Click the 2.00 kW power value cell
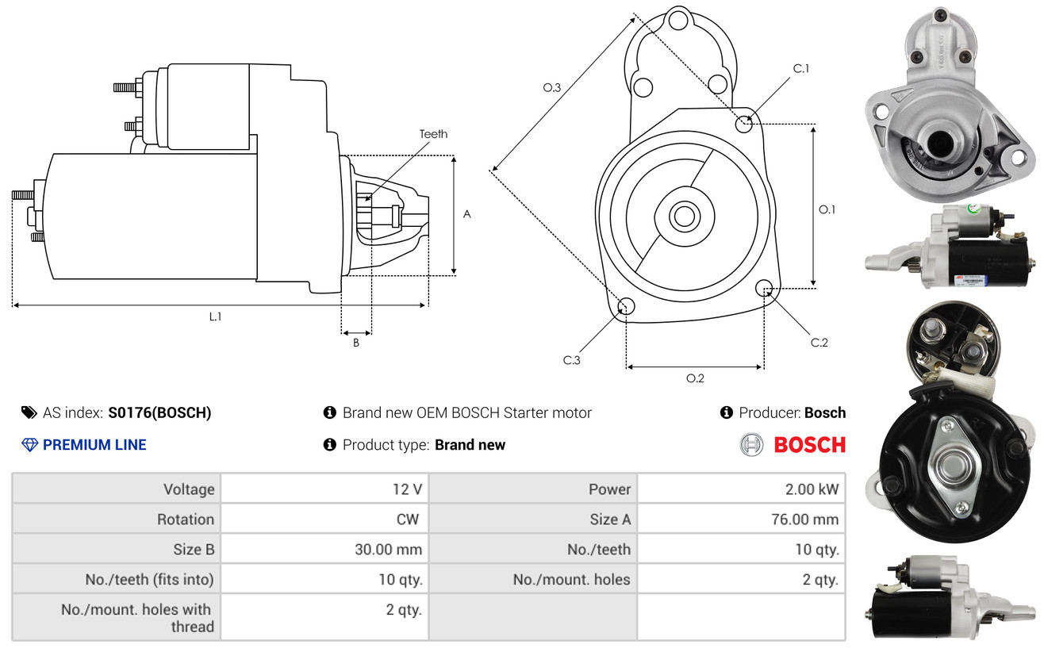click(812, 489)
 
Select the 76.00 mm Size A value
click(805, 520)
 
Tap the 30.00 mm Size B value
click(388, 549)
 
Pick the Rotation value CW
click(408, 520)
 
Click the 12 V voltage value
click(407, 489)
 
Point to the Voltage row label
click(189, 489)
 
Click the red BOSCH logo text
click(809, 445)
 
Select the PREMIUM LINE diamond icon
click(30, 445)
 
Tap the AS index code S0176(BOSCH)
click(159, 413)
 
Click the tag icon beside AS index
click(29, 412)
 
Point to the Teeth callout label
click(433, 134)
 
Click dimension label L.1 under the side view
click(215, 317)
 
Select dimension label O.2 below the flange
click(695, 378)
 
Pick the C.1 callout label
click(800, 68)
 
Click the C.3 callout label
click(571, 360)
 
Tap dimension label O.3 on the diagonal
click(551, 87)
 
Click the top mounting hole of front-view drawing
click(678, 21)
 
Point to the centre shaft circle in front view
click(684, 217)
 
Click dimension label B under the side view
click(356, 343)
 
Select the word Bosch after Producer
click(825, 413)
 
